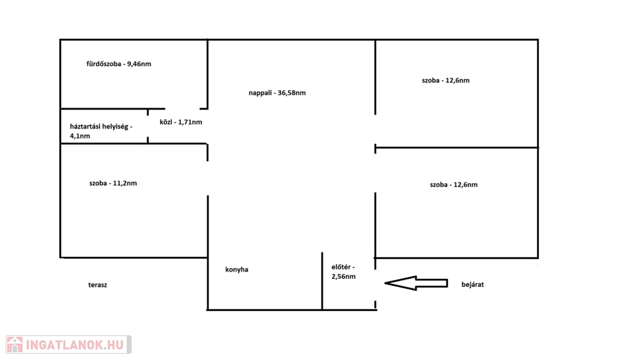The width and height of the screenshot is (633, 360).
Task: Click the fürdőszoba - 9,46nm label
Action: point(119,64)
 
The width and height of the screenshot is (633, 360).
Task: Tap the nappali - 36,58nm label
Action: point(277,93)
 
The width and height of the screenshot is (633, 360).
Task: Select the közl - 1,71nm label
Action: point(181,122)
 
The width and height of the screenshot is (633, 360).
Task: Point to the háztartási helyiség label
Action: point(101,126)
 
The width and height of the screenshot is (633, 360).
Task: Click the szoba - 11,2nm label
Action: point(113,184)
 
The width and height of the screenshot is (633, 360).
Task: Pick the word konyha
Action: point(237,270)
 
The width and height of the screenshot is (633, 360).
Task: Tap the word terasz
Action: point(98,285)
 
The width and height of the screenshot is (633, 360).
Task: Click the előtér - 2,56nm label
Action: point(344,272)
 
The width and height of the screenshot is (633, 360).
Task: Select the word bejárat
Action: point(473,285)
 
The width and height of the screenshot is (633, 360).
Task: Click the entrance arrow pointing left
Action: point(416,283)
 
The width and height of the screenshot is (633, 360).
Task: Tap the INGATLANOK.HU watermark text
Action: point(75,345)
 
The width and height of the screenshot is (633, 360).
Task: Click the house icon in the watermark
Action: point(15,345)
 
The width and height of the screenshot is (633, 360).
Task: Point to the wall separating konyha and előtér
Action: point(322,281)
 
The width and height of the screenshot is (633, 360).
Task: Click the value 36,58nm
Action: point(292,93)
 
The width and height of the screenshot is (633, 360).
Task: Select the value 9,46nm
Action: point(139,64)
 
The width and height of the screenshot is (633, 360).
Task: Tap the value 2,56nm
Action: point(344,276)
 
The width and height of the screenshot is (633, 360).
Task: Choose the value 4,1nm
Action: point(80,136)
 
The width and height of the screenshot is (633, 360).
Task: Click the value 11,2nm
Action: point(125,184)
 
